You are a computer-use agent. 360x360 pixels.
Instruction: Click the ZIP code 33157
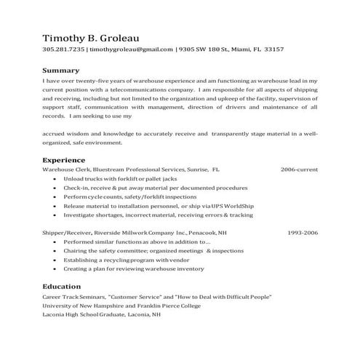[273, 49]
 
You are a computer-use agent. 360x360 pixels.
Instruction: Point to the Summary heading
[60, 71]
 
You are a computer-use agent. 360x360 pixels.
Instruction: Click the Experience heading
[64, 159]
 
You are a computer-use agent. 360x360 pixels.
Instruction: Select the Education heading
[63, 287]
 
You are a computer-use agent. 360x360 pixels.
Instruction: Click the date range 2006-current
[299, 169]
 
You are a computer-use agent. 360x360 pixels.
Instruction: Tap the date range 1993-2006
[303, 233]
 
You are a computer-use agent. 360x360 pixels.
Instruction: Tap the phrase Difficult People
[247, 297]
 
